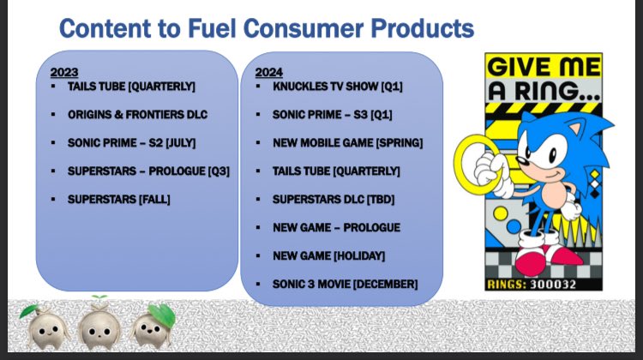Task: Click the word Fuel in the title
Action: click(x=212, y=28)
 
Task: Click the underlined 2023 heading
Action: click(x=64, y=72)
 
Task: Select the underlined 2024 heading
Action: click(x=268, y=72)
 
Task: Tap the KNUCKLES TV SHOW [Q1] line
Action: click(x=338, y=87)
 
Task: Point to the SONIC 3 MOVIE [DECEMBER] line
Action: click(x=345, y=285)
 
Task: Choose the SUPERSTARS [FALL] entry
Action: click(x=119, y=199)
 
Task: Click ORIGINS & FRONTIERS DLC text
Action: click(x=137, y=114)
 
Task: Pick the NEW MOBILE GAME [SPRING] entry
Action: click(x=347, y=142)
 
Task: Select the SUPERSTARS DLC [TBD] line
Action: click(x=334, y=199)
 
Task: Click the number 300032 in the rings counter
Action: click(x=553, y=285)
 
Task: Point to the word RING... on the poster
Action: click(x=557, y=91)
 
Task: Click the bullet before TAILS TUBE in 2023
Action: click(x=53, y=86)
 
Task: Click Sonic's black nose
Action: click(x=520, y=160)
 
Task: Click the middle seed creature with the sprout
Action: click(x=99, y=324)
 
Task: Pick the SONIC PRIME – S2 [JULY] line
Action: click(x=132, y=142)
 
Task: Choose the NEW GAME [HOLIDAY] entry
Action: click(x=328, y=255)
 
